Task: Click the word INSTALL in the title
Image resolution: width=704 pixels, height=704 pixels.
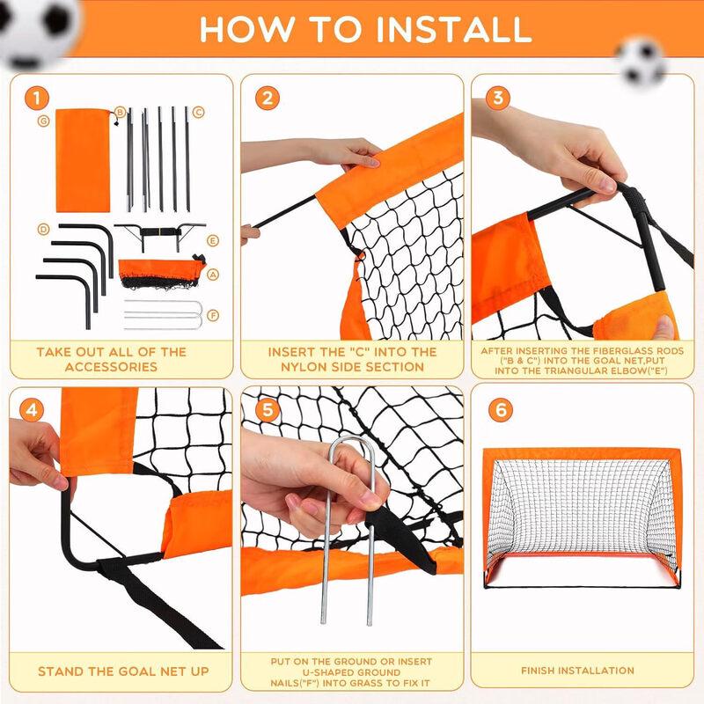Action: tap(453, 29)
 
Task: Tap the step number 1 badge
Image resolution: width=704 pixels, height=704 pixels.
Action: tap(35, 98)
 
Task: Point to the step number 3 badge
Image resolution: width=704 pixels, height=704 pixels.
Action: tap(498, 98)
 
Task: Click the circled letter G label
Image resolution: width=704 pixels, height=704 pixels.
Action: tap(42, 121)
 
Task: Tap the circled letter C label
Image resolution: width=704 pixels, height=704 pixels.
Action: tap(199, 112)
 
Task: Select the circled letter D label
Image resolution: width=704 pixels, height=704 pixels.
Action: tap(42, 229)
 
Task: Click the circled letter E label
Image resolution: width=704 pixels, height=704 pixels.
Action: tap(211, 240)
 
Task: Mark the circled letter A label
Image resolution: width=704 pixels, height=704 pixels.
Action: tap(212, 275)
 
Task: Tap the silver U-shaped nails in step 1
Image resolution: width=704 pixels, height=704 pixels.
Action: tap(163, 314)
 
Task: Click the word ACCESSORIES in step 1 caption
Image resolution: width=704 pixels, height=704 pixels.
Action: tap(111, 366)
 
